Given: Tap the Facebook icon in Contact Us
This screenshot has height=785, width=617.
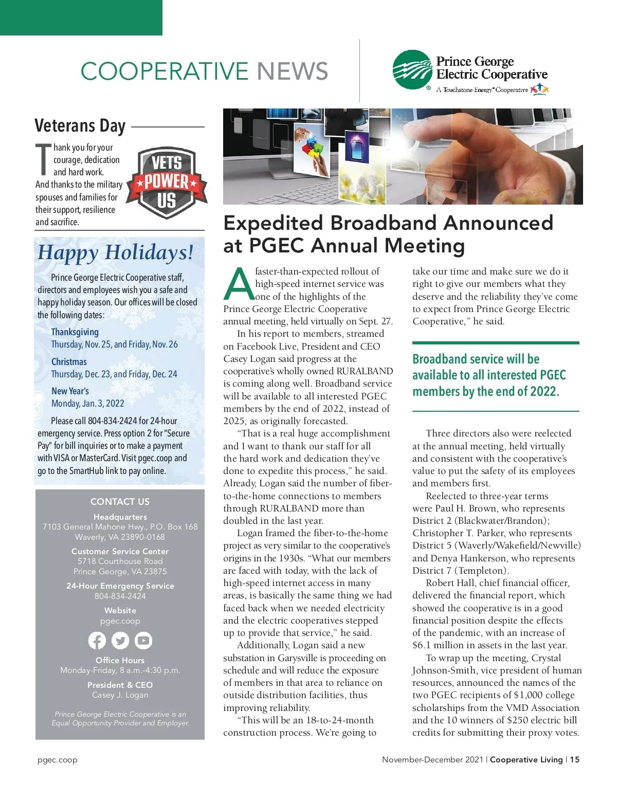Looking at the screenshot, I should pos(97,641).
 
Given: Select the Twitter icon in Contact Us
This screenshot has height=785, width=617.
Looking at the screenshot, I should pos(120,641).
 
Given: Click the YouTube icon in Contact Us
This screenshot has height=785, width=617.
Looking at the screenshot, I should pos(143,641).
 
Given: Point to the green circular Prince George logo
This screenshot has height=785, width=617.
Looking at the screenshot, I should pos(412,69).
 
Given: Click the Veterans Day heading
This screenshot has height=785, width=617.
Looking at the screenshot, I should pos(80,126).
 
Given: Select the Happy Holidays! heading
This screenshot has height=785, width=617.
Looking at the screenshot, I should pos(116,252).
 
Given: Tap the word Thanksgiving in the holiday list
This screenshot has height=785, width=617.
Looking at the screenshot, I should pos(75,332).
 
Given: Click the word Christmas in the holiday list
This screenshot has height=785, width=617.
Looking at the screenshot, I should pos(69,362).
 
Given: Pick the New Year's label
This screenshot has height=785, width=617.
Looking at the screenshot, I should pos(70,391).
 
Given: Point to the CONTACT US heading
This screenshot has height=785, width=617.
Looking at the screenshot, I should pos(120,502).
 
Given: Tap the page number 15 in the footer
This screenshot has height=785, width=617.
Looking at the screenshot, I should pos(574,759).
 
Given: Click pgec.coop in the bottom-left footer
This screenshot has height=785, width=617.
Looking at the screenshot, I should pos(58,760).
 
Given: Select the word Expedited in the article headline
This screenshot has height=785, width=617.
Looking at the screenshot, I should pos(273,223).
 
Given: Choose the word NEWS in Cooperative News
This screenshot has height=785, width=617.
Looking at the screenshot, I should pos(293,71).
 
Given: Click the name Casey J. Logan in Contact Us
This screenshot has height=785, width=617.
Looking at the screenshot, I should pos(120,695).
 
